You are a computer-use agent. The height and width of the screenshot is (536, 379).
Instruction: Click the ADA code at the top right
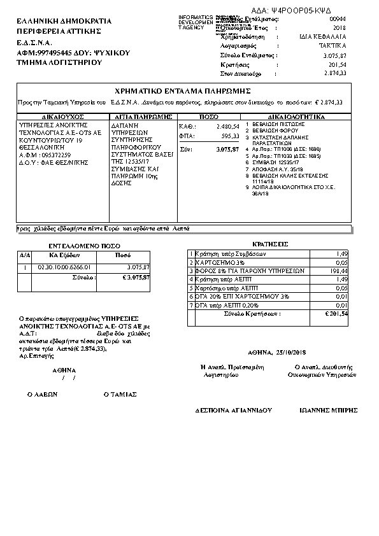click(x=301, y=11)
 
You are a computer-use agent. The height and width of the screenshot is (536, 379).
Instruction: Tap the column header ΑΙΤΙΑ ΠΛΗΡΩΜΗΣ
click(x=142, y=117)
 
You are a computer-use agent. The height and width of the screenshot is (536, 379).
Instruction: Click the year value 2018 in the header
click(x=340, y=28)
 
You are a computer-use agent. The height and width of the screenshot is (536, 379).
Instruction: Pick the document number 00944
click(x=338, y=20)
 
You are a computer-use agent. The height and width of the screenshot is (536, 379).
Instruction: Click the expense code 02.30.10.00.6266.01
click(x=65, y=267)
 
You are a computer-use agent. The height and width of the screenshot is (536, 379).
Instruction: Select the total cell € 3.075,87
click(x=136, y=278)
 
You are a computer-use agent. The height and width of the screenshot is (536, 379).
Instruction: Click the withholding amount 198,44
click(x=337, y=271)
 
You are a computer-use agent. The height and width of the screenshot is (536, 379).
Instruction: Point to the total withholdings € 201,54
click(x=335, y=314)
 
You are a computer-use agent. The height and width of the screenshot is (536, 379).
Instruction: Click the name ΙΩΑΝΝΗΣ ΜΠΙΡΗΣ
click(x=327, y=411)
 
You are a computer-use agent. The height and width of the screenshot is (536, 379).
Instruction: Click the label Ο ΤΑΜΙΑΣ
click(x=120, y=394)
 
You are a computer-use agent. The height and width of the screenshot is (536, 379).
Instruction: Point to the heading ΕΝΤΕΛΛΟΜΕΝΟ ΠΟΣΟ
click(x=76, y=245)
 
